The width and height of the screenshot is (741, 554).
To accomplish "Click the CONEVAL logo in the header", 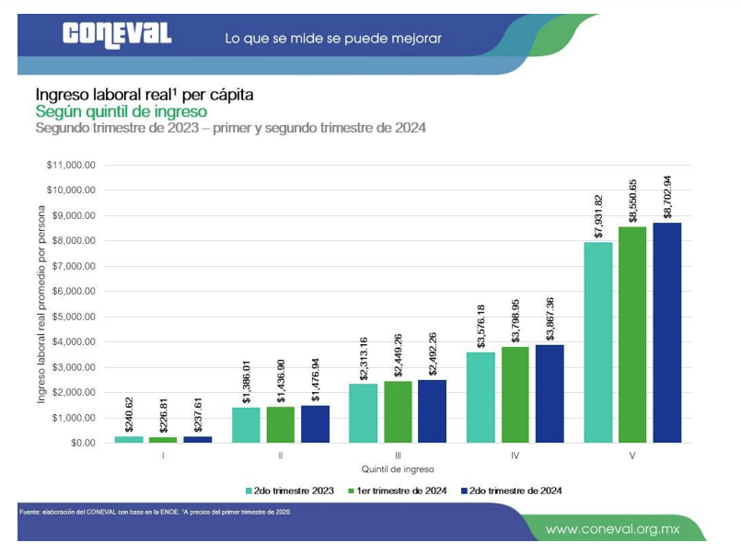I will pos(117,35).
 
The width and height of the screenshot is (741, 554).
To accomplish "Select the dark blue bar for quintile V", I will pos(666,332).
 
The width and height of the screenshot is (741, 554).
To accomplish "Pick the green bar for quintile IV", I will pos(515,395).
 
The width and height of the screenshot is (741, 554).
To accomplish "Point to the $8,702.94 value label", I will pos(667,195).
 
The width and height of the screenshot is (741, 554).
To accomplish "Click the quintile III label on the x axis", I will pos(398,456).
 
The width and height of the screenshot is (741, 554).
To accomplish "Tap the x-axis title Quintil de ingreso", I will pos(397,468).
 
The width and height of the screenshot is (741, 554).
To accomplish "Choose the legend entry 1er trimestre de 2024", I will pos(400,491).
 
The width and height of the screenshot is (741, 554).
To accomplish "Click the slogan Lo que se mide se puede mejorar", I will pos(333,39).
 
